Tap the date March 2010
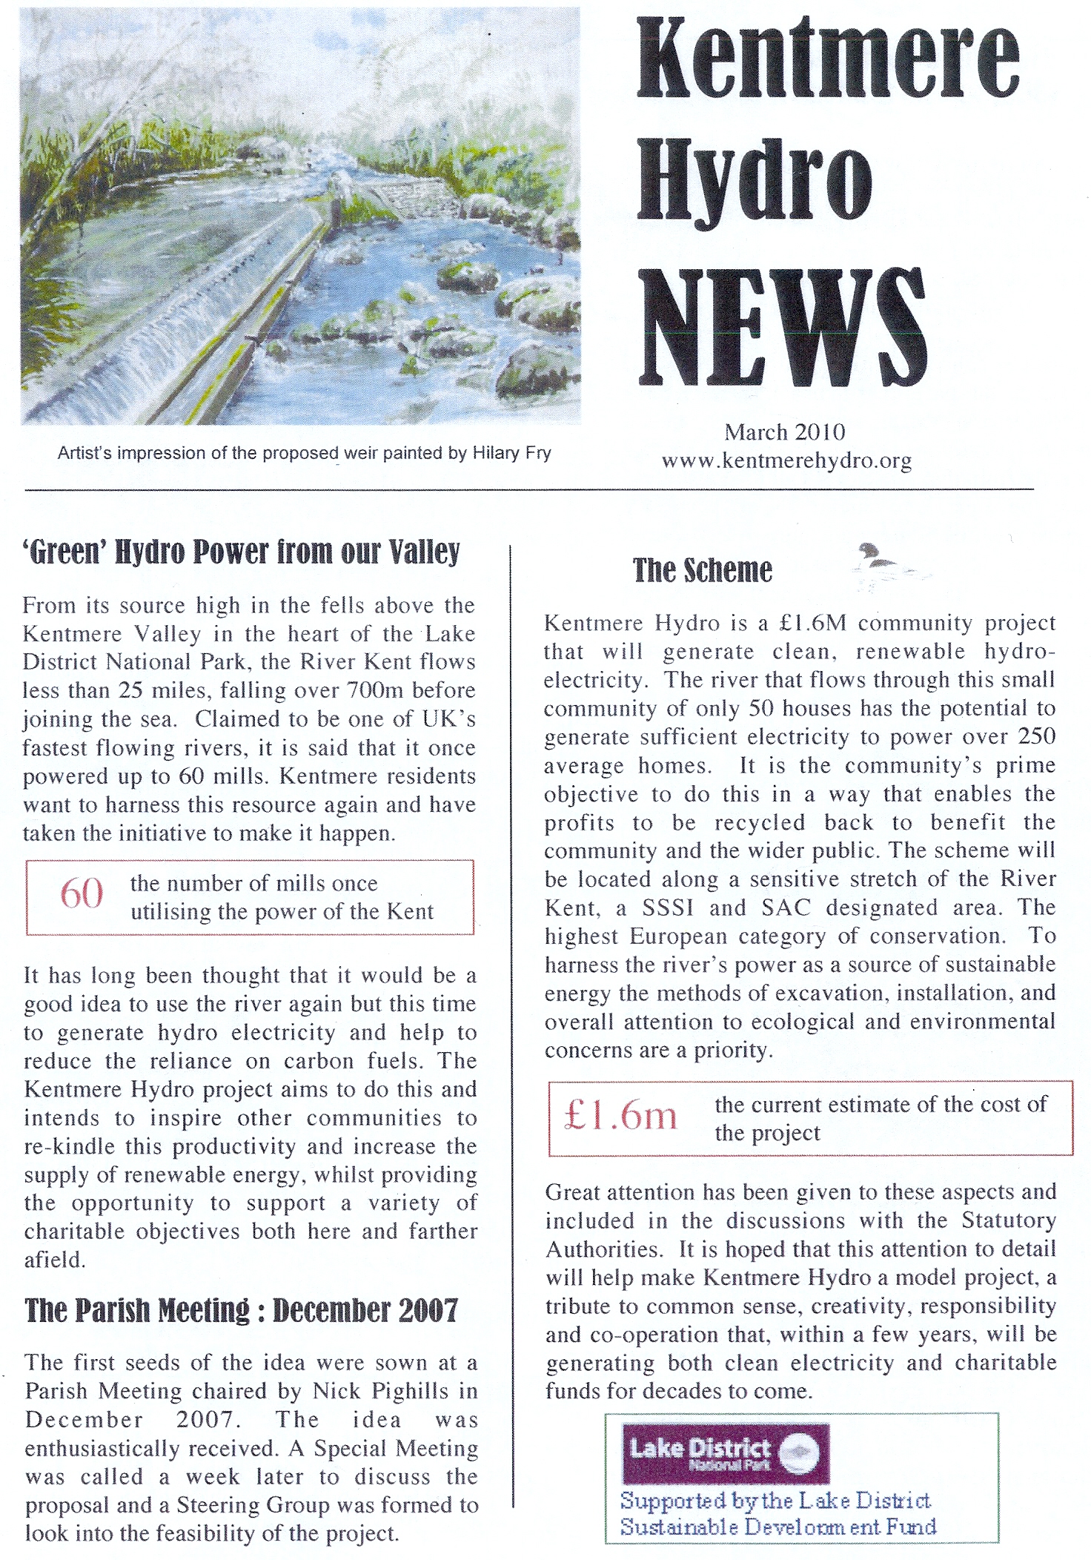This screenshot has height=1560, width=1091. pyautogui.click(x=785, y=432)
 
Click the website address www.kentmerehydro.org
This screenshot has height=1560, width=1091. pyautogui.click(x=786, y=460)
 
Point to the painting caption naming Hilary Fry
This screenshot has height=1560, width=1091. pyautogui.click(x=304, y=453)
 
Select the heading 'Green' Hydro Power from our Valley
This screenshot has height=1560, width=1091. pyautogui.click(x=242, y=552)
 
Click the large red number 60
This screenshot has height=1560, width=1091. pyautogui.click(x=82, y=893)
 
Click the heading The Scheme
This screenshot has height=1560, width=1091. pyautogui.click(x=702, y=570)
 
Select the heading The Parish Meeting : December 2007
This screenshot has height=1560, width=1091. pyautogui.click(x=242, y=1310)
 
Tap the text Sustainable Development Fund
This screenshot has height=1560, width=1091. pyautogui.click(x=778, y=1527)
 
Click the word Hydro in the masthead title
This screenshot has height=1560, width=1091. pyautogui.click(x=755, y=182)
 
